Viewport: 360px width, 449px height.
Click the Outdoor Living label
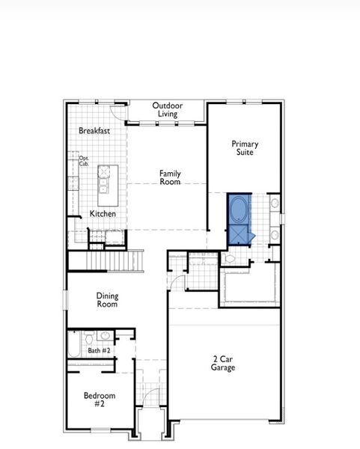pyautogui.click(x=166, y=109)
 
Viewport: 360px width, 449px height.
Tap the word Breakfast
pyautogui.click(x=94, y=131)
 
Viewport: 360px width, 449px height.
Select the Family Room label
pyautogui.click(x=170, y=177)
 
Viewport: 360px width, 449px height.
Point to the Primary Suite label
pyautogui.click(x=244, y=147)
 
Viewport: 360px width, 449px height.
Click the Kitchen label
pyautogui.click(x=103, y=214)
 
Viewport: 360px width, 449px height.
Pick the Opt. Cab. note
pyautogui.click(x=84, y=160)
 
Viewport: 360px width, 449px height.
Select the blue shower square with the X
pyautogui.click(x=239, y=234)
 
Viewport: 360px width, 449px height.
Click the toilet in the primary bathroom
pyautogui.click(x=231, y=258)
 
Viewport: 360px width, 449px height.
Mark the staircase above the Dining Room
pyautogui.click(x=113, y=260)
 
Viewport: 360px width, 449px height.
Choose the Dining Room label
pyautogui.click(x=107, y=300)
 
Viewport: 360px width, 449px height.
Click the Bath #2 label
pyautogui.click(x=99, y=350)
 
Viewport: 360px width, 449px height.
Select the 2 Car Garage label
pyautogui.click(x=223, y=363)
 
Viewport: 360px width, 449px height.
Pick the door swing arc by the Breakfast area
pyautogui.click(x=118, y=112)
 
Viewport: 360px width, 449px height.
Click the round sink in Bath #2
pyautogui.click(x=105, y=336)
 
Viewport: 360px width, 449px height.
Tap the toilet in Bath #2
pyautogui.click(x=88, y=337)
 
